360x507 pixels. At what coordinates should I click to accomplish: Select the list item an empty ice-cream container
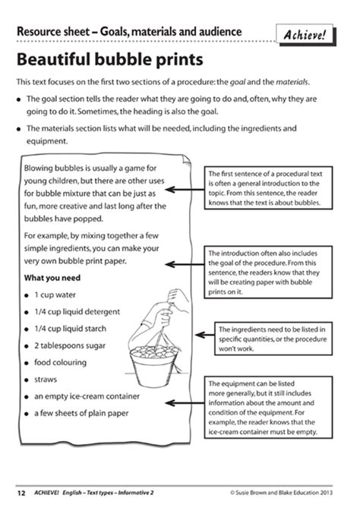tap(87, 395)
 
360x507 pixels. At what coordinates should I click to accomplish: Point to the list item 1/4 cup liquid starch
tap(75, 328)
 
